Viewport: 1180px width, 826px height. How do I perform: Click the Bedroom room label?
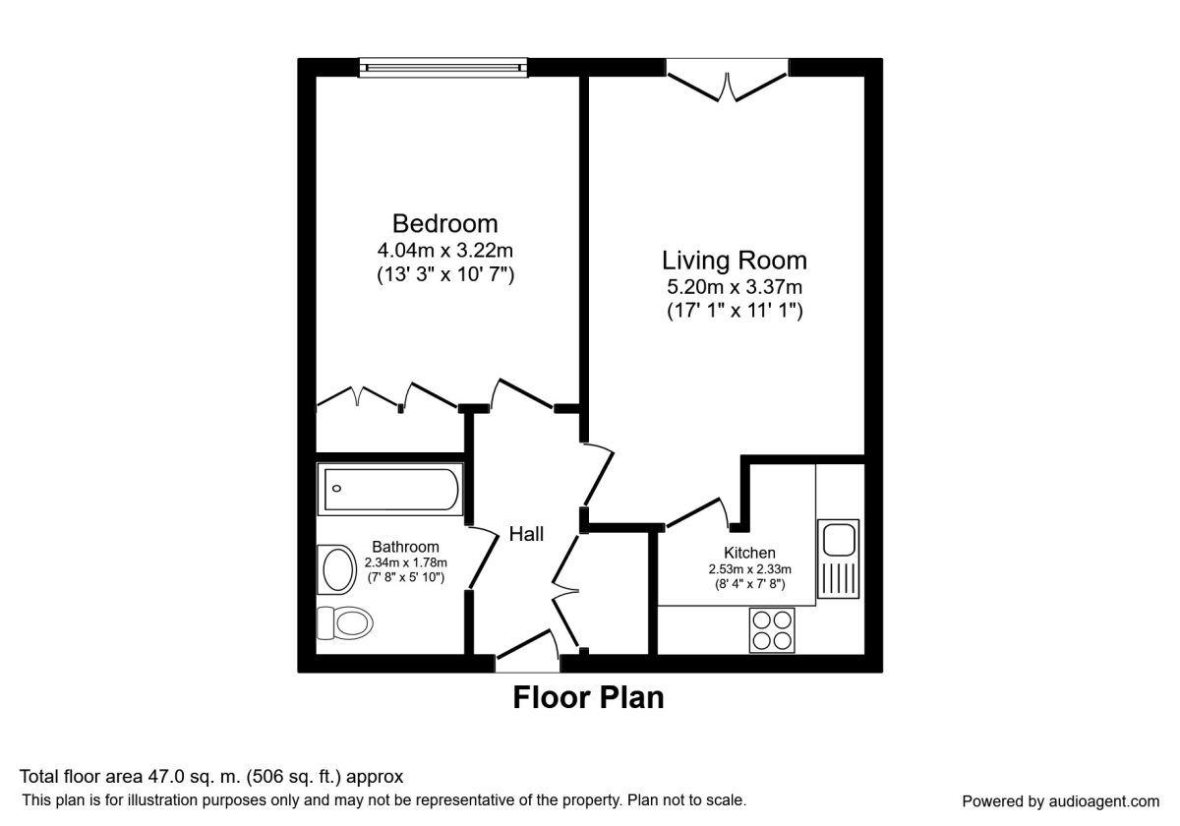tap(444, 223)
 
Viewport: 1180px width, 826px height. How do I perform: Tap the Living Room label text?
tap(734, 261)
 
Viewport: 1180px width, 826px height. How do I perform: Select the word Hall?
tap(526, 534)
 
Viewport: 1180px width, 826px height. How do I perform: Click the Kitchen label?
tap(749, 553)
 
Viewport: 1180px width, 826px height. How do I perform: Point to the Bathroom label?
tap(405, 547)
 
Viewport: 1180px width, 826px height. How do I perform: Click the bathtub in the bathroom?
tap(389, 490)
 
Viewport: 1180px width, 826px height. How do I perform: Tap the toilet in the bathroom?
tap(344, 621)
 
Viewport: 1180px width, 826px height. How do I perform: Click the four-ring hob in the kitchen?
tap(772, 629)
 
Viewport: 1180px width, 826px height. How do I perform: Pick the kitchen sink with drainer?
tap(839, 558)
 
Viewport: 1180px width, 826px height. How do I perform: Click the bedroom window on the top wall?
tap(442, 67)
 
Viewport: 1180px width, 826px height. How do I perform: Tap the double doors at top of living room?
tap(728, 81)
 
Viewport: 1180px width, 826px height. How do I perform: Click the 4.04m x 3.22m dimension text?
tap(444, 251)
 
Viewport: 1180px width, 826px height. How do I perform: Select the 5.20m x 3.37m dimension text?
tap(734, 287)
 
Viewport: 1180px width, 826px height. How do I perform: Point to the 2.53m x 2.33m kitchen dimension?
tap(749, 568)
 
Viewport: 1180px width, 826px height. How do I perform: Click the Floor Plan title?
tap(588, 697)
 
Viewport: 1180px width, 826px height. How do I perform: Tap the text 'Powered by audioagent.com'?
tap(1060, 800)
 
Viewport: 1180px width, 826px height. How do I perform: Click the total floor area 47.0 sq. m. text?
tap(211, 777)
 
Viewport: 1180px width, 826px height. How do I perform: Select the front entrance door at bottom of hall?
tap(527, 657)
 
